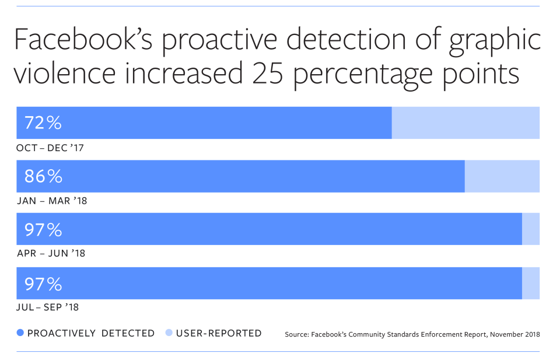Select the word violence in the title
[x=66, y=76]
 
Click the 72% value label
[x=43, y=123]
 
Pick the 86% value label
[x=43, y=176]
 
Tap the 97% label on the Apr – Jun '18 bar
[x=43, y=230]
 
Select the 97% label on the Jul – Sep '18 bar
[x=43, y=284]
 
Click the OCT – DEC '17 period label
[x=50, y=148]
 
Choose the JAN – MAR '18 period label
[x=51, y=201]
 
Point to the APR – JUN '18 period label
[x=51, y=254]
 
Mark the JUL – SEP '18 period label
[x=50, y=307]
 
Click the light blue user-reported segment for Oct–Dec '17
[x=466, y=123]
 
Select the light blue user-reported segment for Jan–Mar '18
[x=502, y=176]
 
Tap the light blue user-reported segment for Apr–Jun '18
[x=531, y=229]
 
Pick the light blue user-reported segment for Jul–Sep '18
[x=531, y=284]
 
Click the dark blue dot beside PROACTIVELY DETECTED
[x=20, y=334]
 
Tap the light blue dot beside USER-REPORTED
[x=169, y=334]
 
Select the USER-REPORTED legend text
[x=219, y=334]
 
